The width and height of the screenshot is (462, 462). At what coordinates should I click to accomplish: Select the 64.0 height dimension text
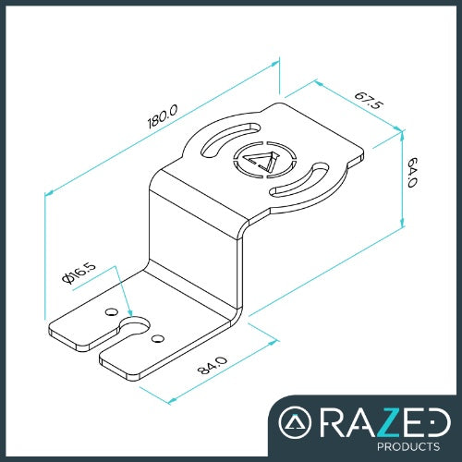click(x=412, y=172)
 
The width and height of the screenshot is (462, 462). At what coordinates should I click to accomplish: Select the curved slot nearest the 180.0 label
click(x=227, y=139)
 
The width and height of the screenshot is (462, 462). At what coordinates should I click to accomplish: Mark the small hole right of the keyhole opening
click(x=158, y=338)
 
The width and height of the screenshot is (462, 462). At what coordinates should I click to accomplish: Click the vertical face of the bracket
click(x=194, y=240)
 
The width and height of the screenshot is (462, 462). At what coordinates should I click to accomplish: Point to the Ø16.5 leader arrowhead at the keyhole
click(x=132, y=313)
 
